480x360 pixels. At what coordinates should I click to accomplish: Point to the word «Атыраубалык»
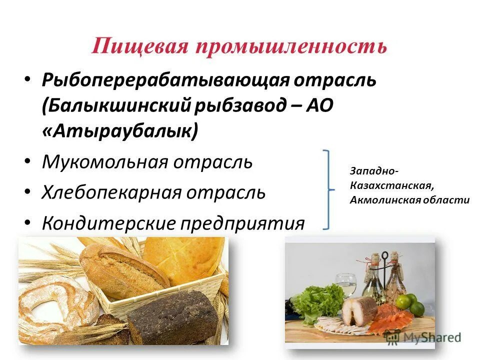pyautogui.click(x=120, y=132)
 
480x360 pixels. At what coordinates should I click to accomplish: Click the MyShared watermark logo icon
pyautogui.click(x=392, y=337)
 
